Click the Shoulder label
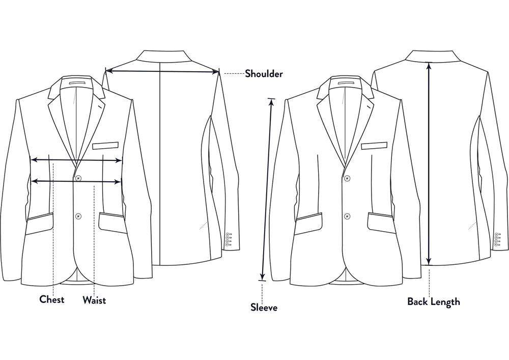(x=264, y=74)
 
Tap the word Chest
(x=51, y=299)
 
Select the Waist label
(x=94, y=299)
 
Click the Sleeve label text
(x=264, y=307)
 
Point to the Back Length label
(x=434, y=301)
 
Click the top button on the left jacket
(x=78, y=178)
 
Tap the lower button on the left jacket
(x=78, y=216)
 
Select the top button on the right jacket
(x=347, y=178)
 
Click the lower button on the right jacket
(x=347, y=216)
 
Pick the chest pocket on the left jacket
(x=105, y=146)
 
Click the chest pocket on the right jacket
(x=374, y=146)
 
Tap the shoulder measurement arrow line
(x=162, y=71)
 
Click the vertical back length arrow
(x=429, y=163)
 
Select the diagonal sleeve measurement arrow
(x=267, y=189)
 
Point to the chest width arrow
(x=76, y=160)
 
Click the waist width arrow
(x=76, y=181)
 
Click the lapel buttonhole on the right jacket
(x=369, y=106)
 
